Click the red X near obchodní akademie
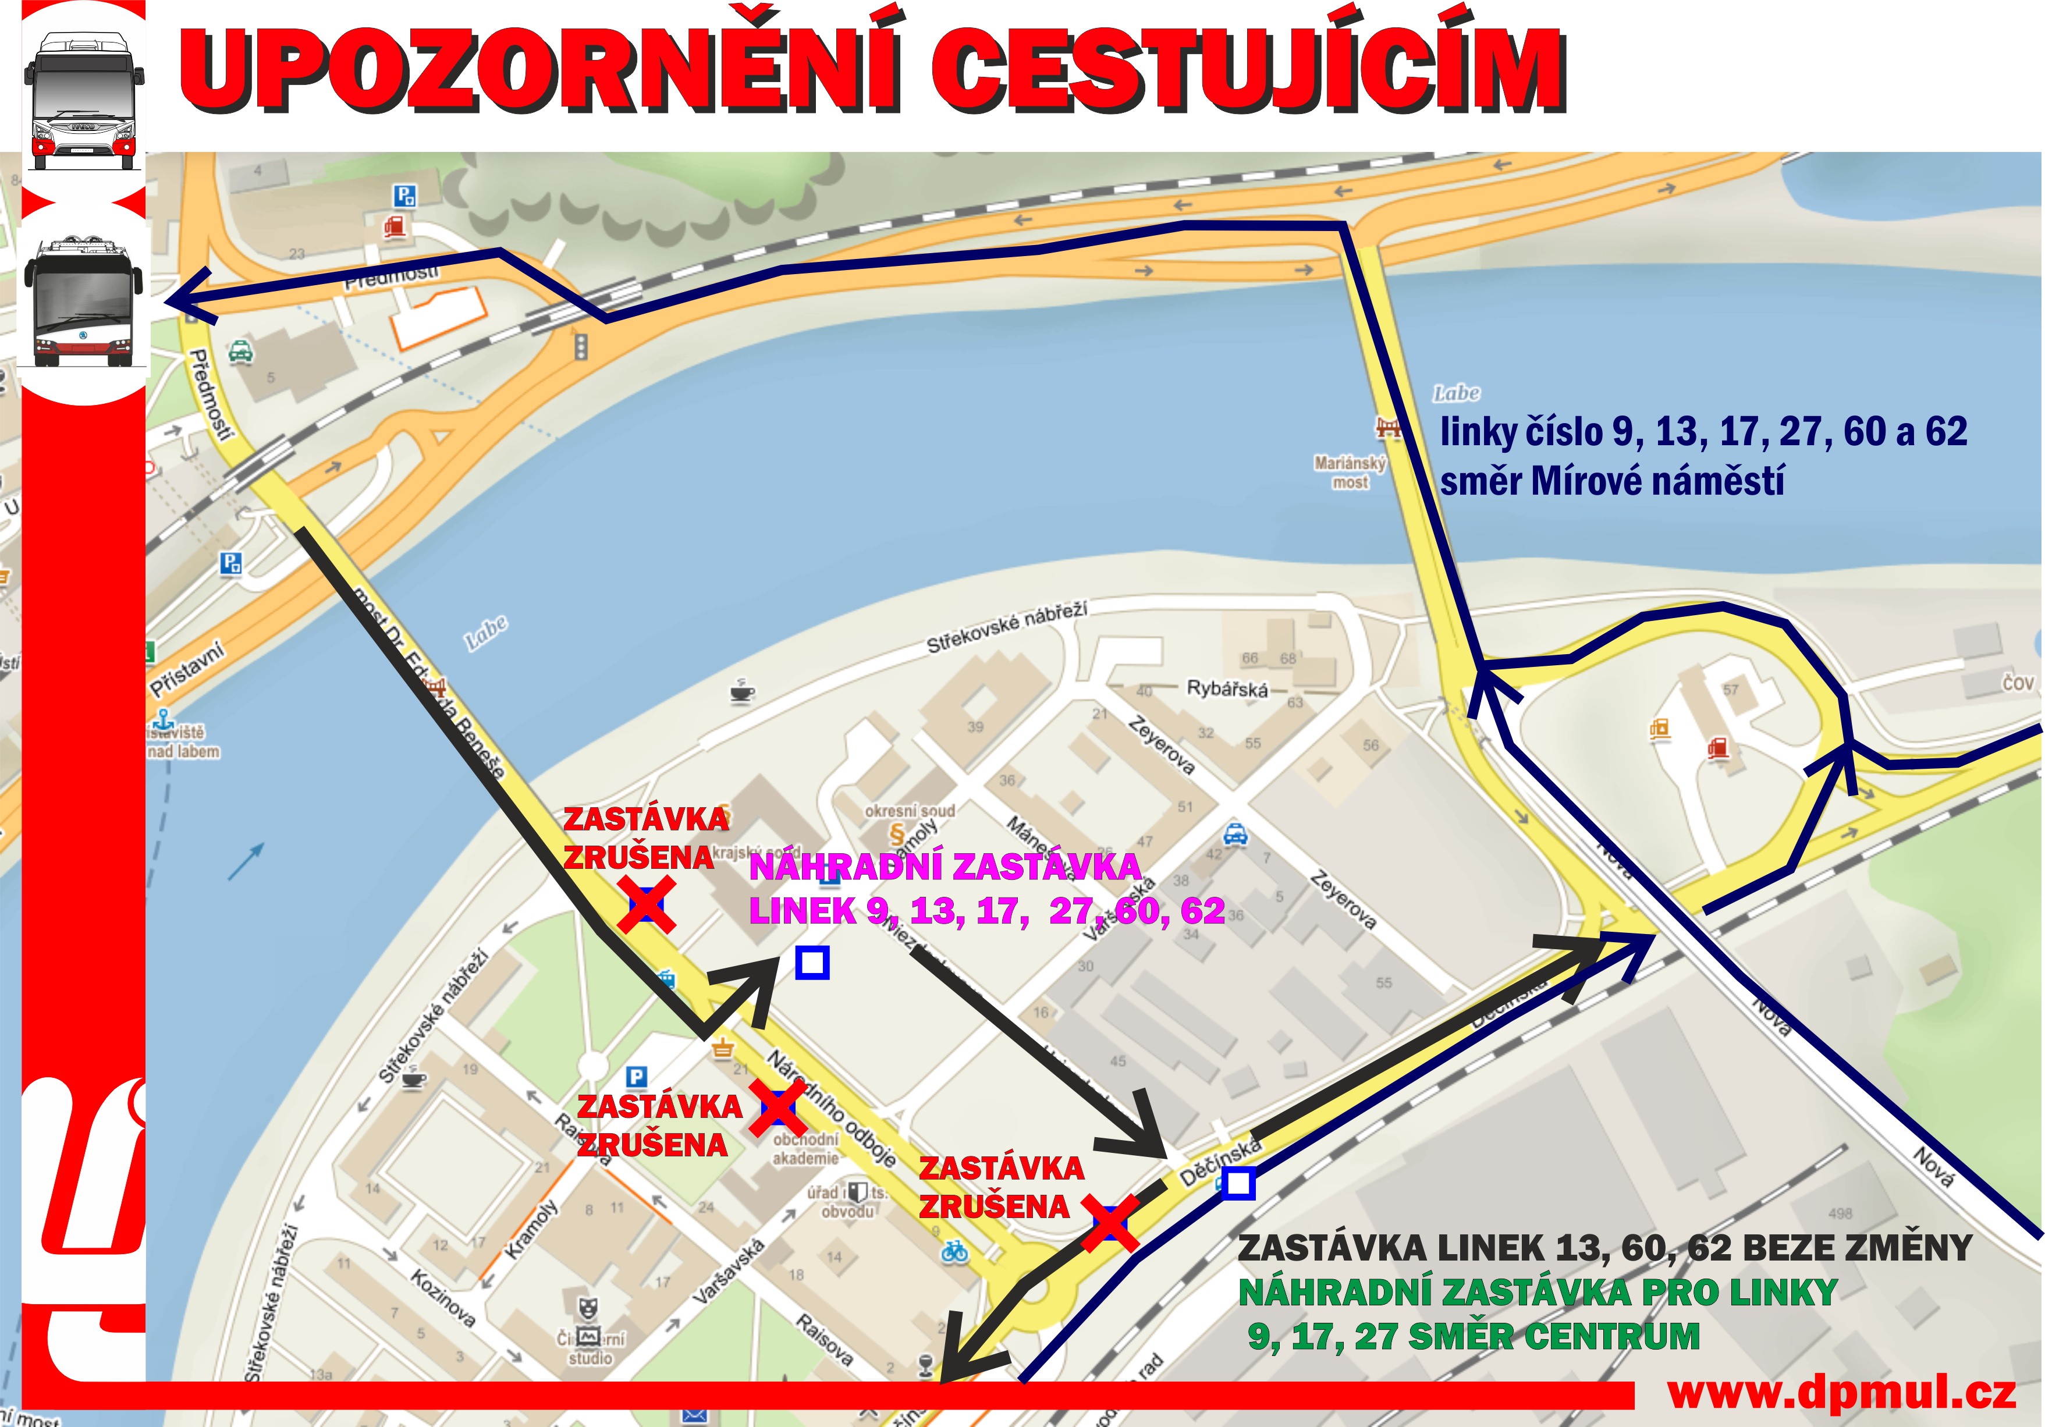tap(777, 1107)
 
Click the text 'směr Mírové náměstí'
tap(1612, 482)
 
